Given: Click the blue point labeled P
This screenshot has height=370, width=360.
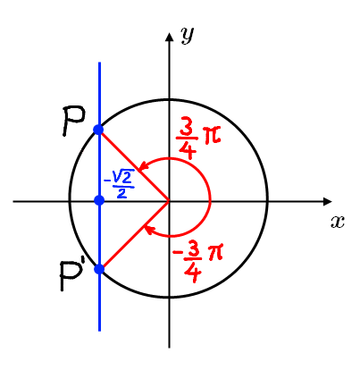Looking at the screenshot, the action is [98, 130].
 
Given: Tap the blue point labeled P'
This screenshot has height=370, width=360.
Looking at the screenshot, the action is [98, 268].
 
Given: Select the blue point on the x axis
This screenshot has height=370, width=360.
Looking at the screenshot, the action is [99, 199].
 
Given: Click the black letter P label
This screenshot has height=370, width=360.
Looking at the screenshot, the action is [73, 121].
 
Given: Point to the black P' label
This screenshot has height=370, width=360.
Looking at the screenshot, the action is [72, 278].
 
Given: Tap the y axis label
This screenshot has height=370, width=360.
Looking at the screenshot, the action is [187, 35].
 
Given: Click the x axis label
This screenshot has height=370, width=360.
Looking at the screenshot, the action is [337, 222].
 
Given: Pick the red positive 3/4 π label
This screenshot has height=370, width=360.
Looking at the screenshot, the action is [197, 137].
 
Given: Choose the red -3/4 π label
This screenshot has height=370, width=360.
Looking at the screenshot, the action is [195, 263].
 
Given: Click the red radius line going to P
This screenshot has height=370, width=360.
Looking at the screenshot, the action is [134, 166].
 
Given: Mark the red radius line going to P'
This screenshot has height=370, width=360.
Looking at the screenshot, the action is [134, 235].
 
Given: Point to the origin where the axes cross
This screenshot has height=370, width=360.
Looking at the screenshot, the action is [169, 202].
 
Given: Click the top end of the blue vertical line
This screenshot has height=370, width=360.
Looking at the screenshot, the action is [99, 63].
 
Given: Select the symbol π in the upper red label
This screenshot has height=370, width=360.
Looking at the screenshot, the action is [212, 136].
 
